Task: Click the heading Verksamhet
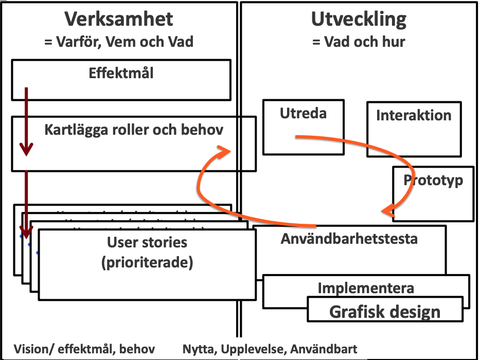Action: [119, 19]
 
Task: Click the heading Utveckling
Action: [359, 19]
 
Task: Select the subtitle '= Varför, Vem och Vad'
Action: [119, 41]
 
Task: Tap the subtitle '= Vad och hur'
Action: [359, 41]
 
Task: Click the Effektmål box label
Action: [121, 73]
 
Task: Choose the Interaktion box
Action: [414, 129]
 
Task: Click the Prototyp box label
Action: [433, 181]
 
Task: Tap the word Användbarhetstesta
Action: [349, 239]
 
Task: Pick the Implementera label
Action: [365, 287]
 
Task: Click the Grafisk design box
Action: [384, 311]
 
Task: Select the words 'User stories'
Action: [147, 242]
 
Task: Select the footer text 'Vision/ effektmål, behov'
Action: [84, 349]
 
